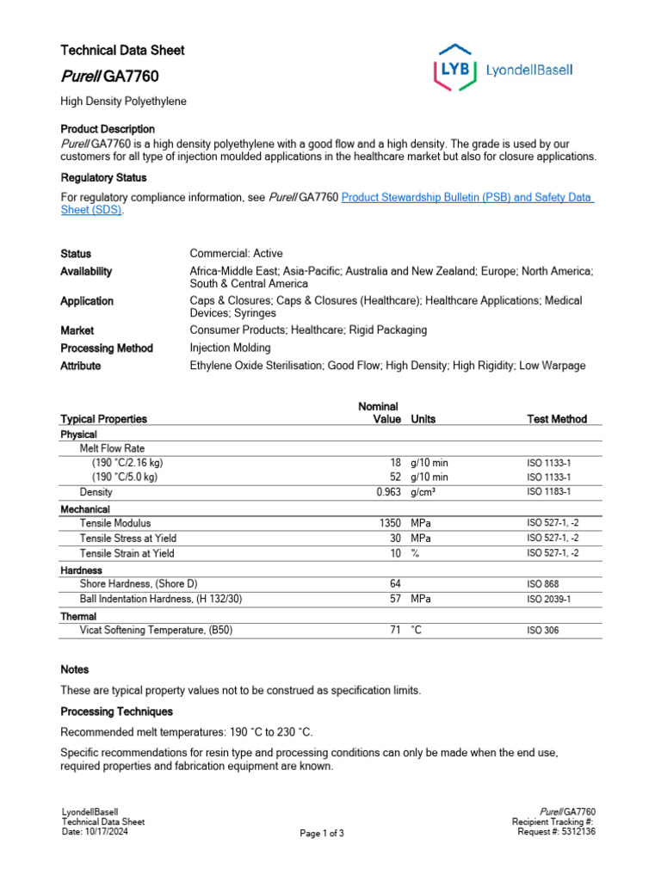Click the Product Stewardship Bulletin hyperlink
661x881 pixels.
click(466, 197)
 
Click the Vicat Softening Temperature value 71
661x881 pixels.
click(395, 630)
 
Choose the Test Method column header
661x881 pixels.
click(557, 419)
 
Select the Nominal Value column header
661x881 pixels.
click(379, 412)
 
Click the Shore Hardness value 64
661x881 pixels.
click(395, 583)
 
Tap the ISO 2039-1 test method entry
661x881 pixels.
click(549, 599)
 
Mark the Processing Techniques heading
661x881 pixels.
click(116, 712)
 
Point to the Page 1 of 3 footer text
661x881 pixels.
click(322, 833)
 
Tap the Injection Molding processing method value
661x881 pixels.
click(230, 348)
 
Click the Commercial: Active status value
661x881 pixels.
click(236, 254)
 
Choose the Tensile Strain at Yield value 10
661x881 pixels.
click(395, 553)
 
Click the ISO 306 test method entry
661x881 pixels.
click(544, 630)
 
